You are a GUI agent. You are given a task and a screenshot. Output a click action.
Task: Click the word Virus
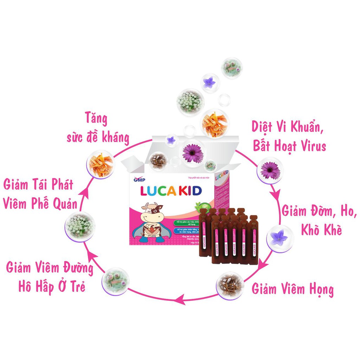(311, 145)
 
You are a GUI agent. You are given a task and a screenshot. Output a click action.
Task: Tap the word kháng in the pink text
(112, 137)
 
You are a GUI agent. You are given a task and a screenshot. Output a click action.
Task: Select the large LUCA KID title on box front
(171, 191)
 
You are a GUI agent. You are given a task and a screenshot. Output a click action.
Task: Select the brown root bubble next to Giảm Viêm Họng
(230, 284)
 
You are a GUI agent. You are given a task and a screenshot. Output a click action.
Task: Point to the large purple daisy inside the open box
(192, 152)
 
